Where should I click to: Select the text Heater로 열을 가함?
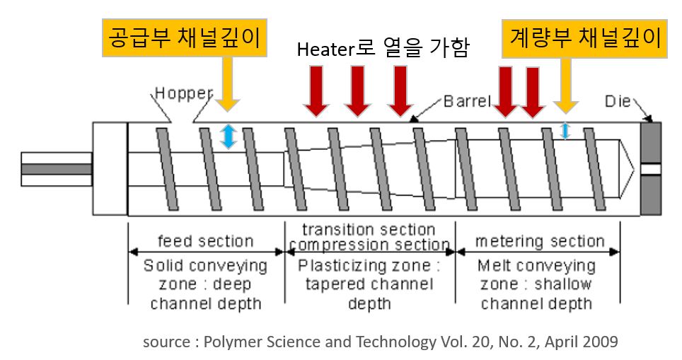click(383, 50)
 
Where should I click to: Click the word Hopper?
click(184, 93)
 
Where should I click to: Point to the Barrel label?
click(467, 100)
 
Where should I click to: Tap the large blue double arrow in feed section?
click(228, 136)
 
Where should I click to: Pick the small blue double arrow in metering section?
click(565, 130)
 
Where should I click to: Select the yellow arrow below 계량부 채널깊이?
click(565, 88)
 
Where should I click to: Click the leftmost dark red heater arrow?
click(317, 91)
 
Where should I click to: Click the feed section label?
click(206, 242)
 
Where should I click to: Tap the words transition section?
click(369, 230)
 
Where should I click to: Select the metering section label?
click(540, 242)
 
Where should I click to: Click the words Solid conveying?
click(206, 267)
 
